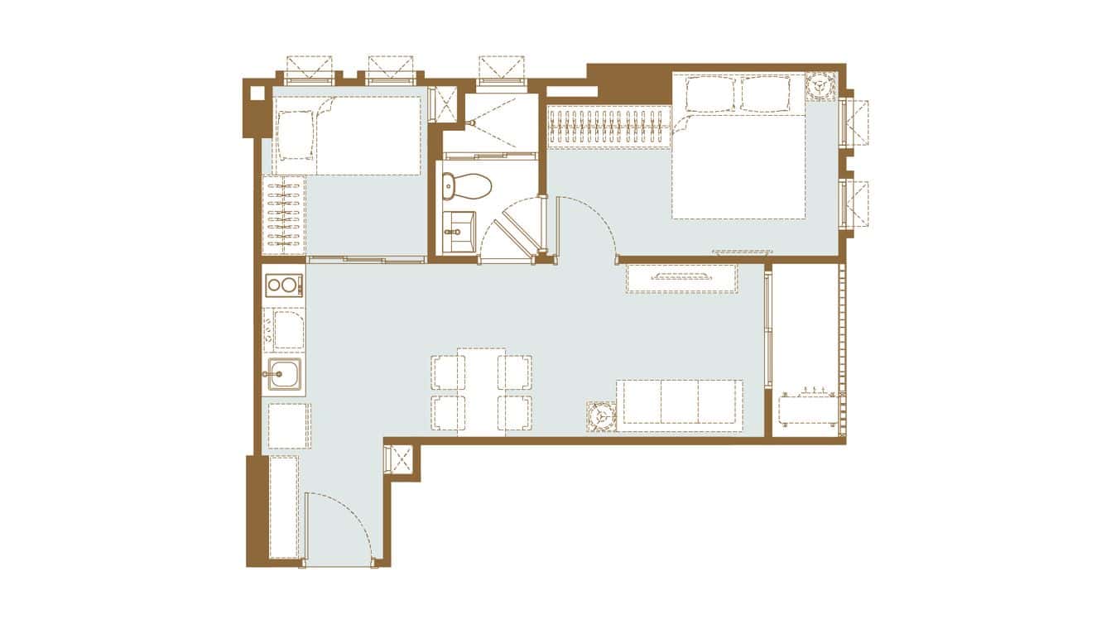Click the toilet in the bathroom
(466, 186)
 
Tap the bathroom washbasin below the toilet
(458, 224)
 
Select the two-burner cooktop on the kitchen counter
(283, 286)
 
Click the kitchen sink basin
(282, 377)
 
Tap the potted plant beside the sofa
(601, 416)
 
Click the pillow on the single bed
(294, 135)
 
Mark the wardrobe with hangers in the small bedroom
(283, 216)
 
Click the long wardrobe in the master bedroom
(609, 127)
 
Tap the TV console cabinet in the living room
(681, 278)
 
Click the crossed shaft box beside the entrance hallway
(401, 460)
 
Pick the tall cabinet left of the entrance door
(283, 506)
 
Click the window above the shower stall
(501, 70)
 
